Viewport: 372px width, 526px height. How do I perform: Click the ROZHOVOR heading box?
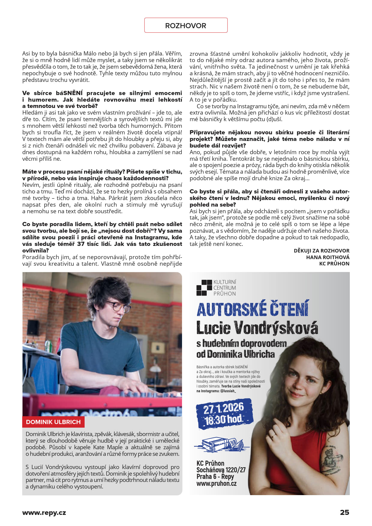tap(186, 25)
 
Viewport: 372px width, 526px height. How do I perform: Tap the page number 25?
tap(344, 512)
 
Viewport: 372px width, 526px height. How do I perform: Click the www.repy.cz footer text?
tap(44, 513)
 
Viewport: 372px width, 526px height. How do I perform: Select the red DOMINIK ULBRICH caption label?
tap(53, 422)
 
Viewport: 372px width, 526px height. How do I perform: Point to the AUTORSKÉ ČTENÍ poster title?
tap(253, 309)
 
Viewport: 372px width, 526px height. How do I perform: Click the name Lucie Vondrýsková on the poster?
tap(257, 327)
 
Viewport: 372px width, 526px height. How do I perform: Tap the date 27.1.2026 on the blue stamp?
tap(223, 408)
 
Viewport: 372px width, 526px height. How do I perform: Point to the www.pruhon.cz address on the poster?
tap(217, 483)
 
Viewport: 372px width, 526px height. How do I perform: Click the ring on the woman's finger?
tap(274, 435)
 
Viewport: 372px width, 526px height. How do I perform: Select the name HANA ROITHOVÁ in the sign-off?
tap(328, 257)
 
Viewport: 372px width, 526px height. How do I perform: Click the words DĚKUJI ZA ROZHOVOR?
tap(322, 251)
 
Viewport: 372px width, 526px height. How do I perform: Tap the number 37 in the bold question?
tap(81, 244)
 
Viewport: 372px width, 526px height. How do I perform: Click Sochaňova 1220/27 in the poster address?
tap(221, 470)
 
